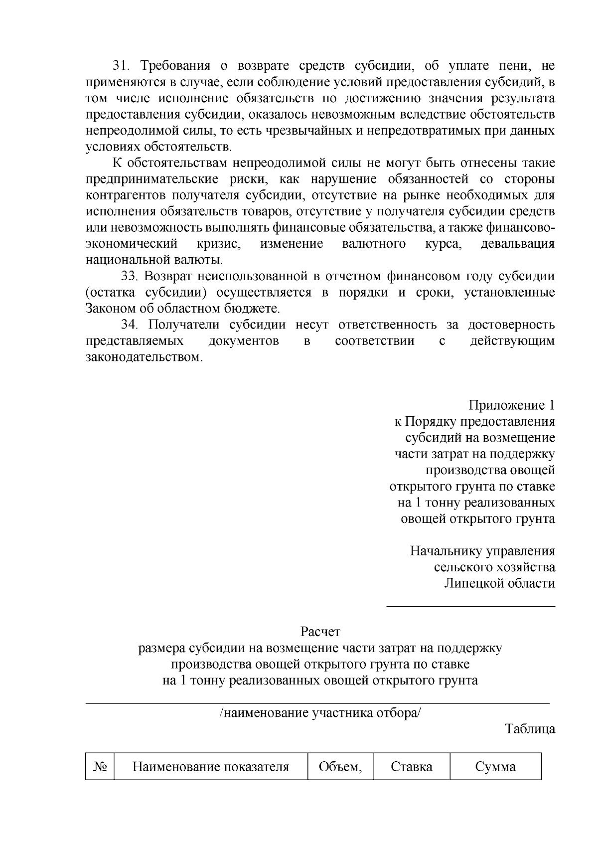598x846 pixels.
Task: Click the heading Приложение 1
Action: point(511,405)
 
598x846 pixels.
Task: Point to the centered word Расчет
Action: point(320,632)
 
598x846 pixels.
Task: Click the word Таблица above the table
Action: point(530,729)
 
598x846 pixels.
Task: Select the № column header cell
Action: point(100,767)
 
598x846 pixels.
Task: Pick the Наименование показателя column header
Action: point(210,767)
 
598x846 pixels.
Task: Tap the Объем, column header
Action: point(340,767)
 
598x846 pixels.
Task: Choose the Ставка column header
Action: point(411,767)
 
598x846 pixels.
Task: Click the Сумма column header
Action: point(495,767)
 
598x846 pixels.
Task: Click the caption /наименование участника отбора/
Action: point(320,713)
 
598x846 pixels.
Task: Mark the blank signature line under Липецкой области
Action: point(471,606)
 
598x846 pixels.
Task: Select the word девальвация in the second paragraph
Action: point(517,244)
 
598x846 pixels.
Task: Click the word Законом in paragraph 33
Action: point(108,309)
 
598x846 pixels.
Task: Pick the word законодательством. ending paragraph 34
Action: point(145,357)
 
